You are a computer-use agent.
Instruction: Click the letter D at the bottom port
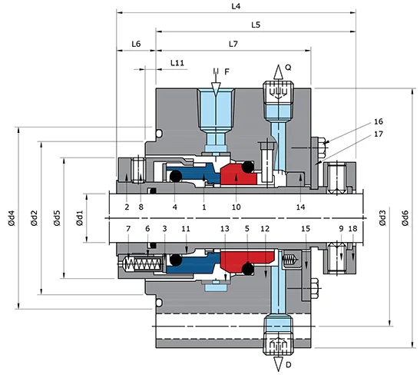point(288,365)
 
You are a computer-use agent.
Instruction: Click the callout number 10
point(236,207)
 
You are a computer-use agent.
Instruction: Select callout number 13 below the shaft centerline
point(224,229)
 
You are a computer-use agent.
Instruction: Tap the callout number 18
point(352,229)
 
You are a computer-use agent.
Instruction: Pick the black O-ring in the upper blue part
point(174,177)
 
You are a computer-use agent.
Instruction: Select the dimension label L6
point(136,45)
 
